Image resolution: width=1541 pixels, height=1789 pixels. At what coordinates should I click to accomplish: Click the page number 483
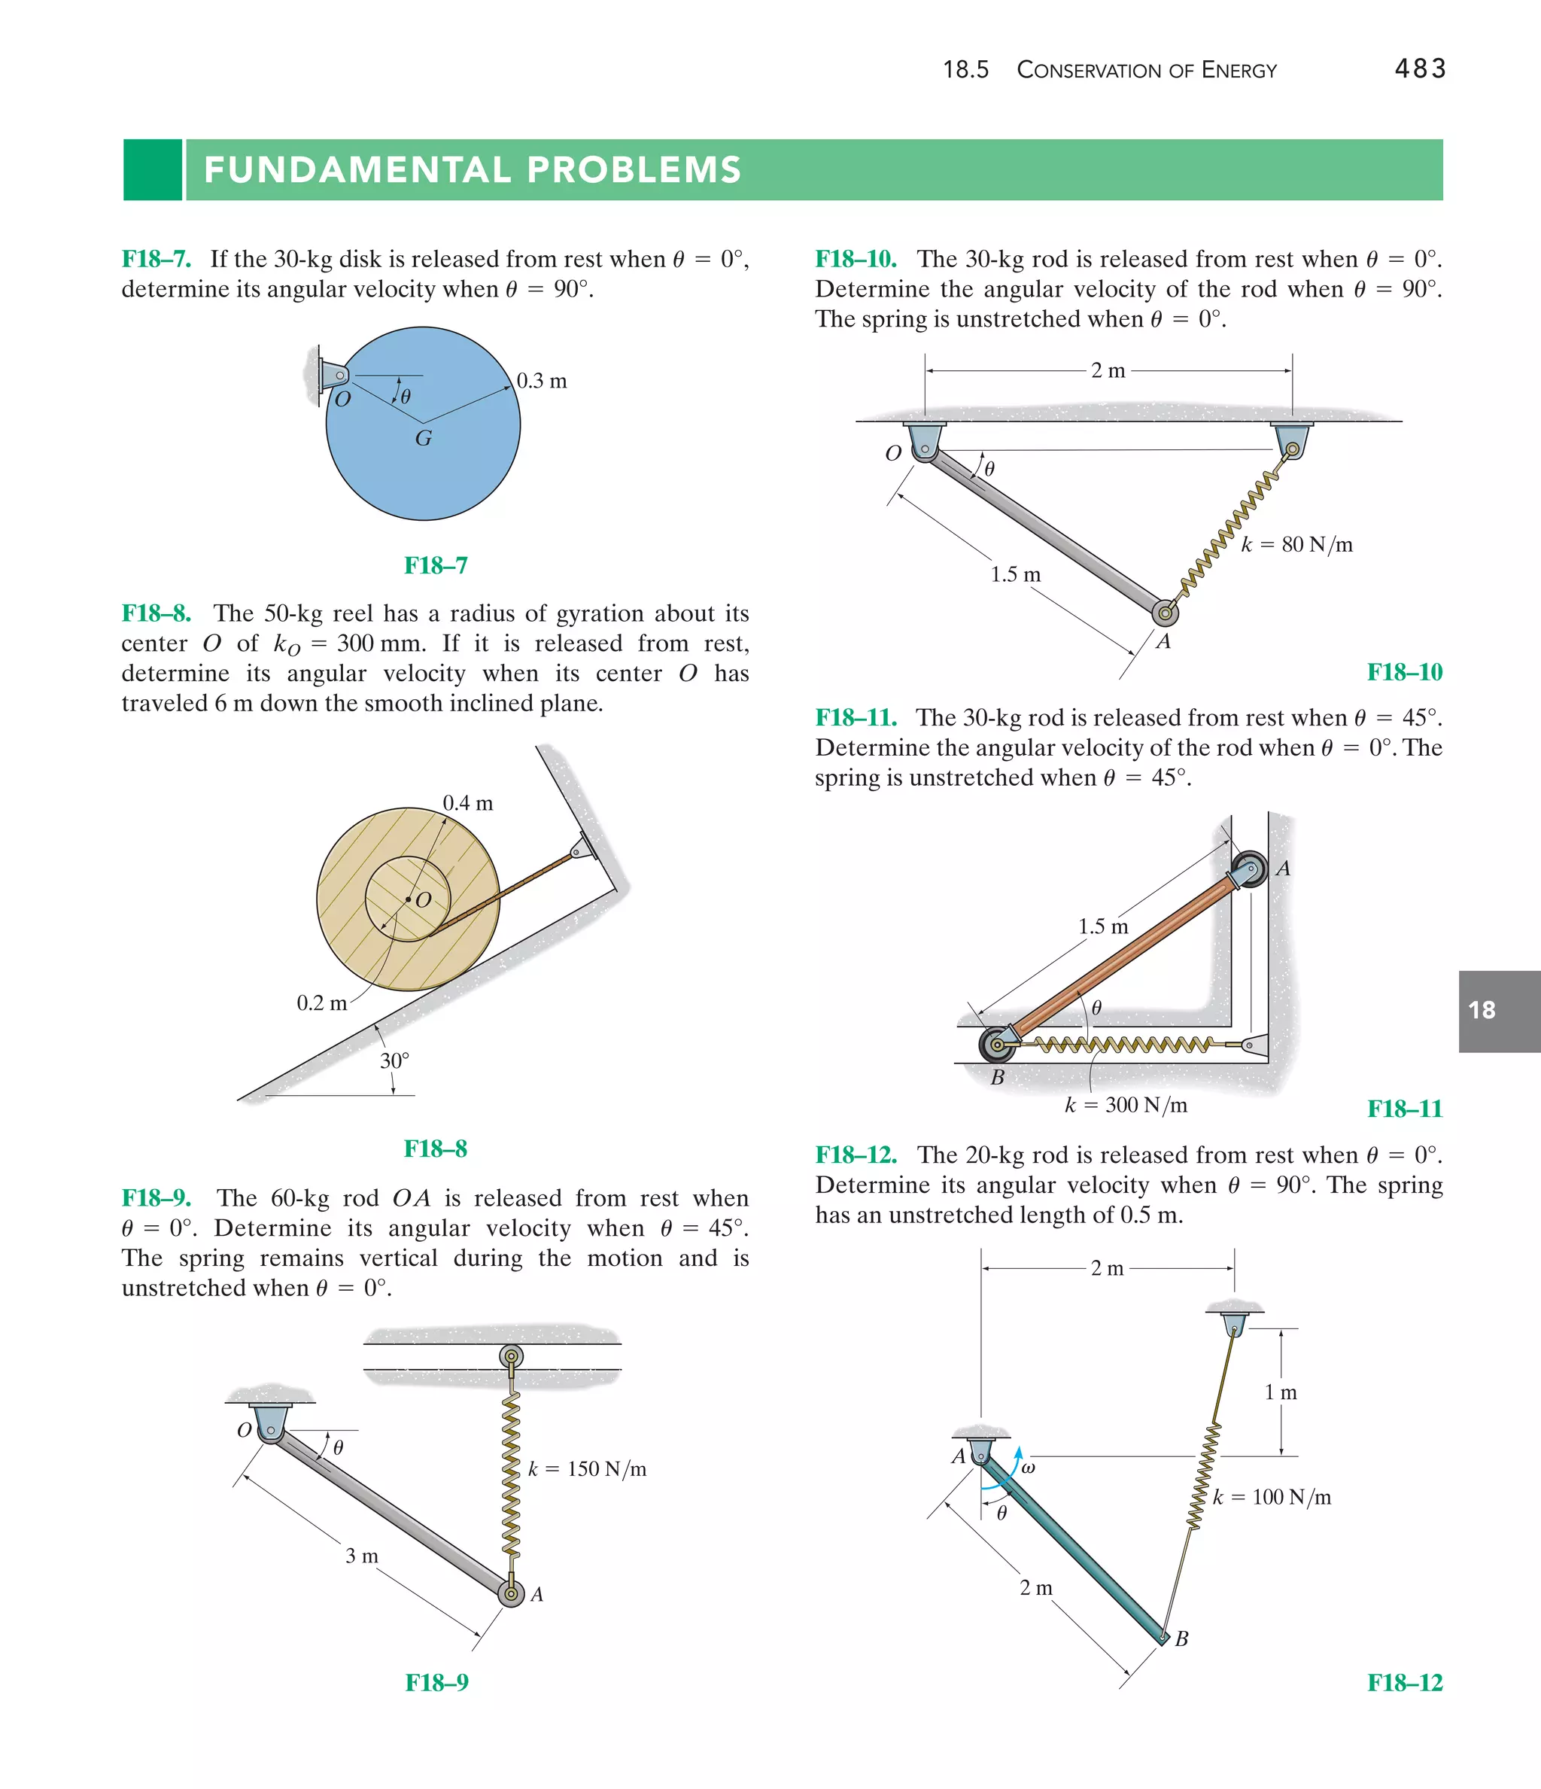point(1419,69)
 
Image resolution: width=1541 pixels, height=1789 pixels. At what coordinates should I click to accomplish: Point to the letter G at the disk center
point(423,439)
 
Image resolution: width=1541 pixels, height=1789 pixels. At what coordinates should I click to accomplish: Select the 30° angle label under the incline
point(394,1060)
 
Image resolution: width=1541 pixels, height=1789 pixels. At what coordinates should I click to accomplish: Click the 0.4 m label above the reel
point(467,803)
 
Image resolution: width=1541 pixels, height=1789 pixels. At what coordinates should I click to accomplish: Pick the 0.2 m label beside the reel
point(321,1003)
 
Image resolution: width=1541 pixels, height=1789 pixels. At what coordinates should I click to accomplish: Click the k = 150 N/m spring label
point(587,1468)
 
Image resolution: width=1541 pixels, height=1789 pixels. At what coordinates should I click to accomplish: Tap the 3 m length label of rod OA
point(362,1556)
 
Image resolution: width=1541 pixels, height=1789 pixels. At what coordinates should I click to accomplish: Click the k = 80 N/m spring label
point(1296,544)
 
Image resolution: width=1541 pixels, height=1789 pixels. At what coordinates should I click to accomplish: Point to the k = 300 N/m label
point(1126,1105)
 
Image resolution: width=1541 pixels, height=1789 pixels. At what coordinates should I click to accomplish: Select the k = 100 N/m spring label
point(1272,1497)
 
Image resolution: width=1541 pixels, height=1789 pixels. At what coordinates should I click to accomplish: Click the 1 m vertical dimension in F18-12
point(1281,1392)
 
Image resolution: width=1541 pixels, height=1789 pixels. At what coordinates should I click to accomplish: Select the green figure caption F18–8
point(435,1149)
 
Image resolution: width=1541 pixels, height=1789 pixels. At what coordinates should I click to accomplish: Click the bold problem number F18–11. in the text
point(856,717)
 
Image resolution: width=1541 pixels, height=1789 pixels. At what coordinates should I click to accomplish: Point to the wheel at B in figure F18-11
point(997,1045)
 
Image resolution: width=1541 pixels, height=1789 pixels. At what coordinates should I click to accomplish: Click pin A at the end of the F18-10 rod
point(1165,613)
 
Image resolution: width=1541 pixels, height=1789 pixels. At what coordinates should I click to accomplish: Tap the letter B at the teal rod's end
point(1182,1638)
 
